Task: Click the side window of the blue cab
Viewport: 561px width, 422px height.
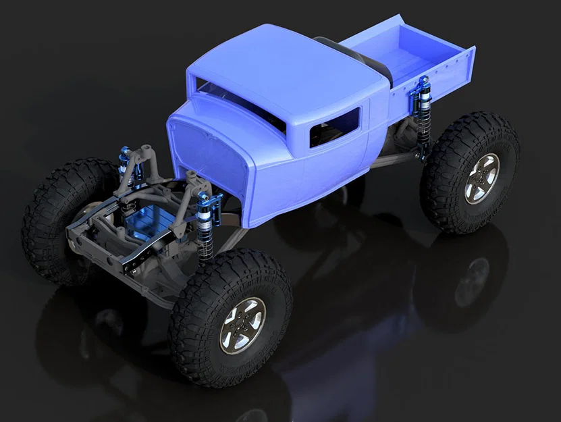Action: coord(334,126)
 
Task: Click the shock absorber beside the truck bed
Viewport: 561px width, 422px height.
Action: coord(423,115)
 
